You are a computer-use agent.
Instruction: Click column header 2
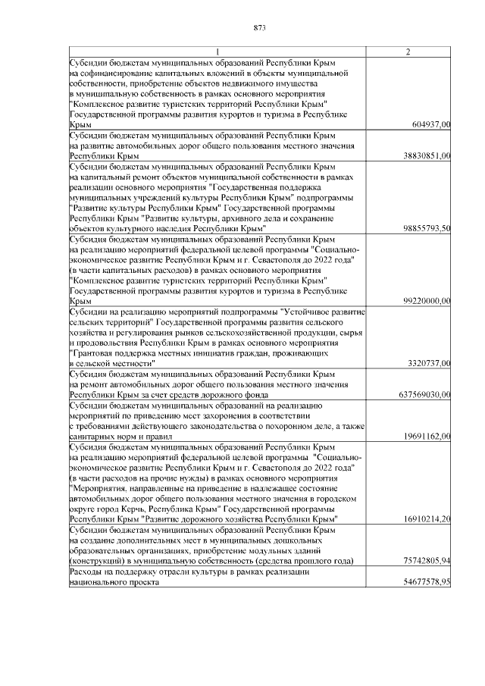point(408,52)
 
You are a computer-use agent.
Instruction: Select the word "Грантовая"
point(92,353)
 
